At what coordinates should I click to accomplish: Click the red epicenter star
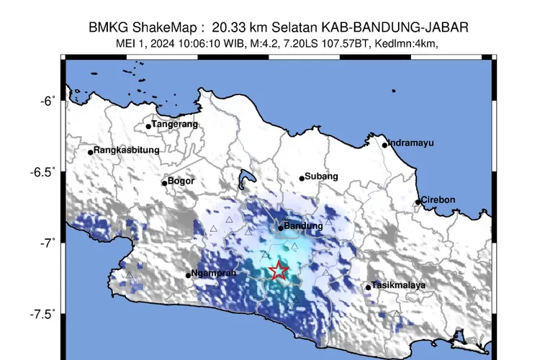pyautogui.click(x=279, y=271)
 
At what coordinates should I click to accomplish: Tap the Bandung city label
pyautogui.click(x=304, y=226)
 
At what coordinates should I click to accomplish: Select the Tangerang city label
pyautogui.click(x=174, y=125)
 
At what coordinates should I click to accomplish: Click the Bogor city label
pyautogui.click(x=181, y=181)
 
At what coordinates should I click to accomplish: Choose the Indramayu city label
pyautogui.click(x=411, y=143)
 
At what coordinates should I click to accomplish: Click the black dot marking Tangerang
pyautogui.click(x=148, y=126)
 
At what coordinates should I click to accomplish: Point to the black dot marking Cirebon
pyautogui.click(x=418, y=202)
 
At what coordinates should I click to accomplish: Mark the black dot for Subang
pyautogui.click(x=302, y=179)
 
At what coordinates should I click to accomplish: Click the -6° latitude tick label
pyautogui.click(x=47, y=102)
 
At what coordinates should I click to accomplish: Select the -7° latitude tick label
pyautogui.click(x=47, y=243)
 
